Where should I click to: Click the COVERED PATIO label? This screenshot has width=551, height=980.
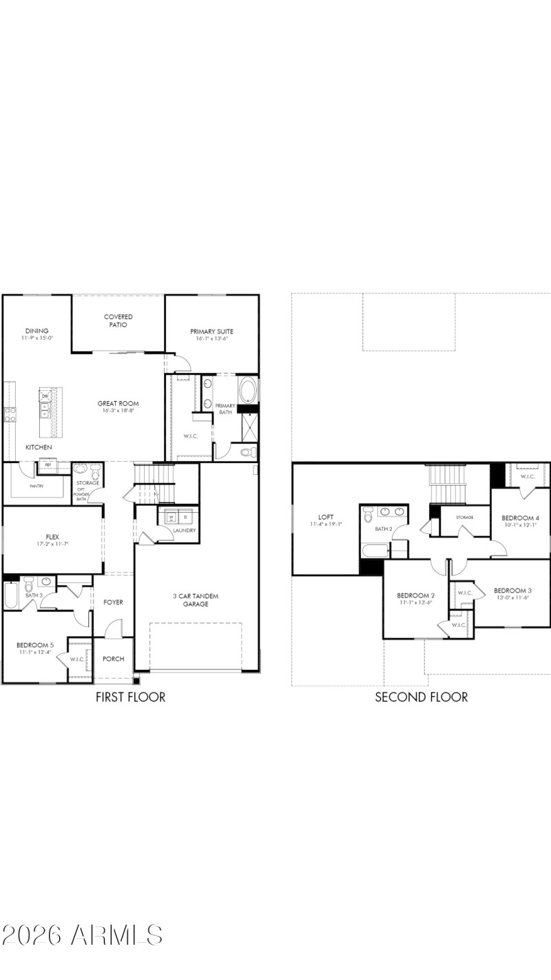pyautogui.click(x=118, y=320)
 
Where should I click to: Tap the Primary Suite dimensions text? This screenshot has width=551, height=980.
pyautogui.click(x=211, y=339)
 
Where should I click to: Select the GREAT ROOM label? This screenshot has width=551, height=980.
pyautogui.click(x=118, y=404)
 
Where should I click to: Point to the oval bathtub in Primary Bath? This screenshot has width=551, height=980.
pyautogui.click(x=248, y=390)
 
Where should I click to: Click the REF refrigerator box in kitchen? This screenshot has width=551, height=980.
pyautogui.click(x=48, y=465)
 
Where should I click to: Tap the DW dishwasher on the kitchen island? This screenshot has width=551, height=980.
pyautogui.click(x=45, y=396)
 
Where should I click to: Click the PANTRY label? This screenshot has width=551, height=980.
pyautogui.click(x=37, y=486)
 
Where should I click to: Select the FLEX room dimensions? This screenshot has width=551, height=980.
pyautogui.click(x=52, y=544)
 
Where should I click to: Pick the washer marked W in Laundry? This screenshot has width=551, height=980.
pyautogui.click(x=171, y=516)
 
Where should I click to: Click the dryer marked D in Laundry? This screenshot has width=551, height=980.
pyautogui.click(x=185, y=516)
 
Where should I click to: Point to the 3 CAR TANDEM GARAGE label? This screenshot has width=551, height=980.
pyautogui.click(x=191, y=600)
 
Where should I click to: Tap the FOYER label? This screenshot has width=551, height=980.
pyautogui.click(x=113, y=602)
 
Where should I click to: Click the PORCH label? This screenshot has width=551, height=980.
pyautogui.click(x=113, y=659)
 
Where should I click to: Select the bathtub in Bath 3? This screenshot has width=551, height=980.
pyautogui.click(x=10, y=595)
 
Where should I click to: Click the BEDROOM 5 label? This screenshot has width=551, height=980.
pyautogui.click(x=33, y=645)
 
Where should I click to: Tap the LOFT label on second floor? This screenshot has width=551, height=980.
pyautogui.click(x=326, y=517)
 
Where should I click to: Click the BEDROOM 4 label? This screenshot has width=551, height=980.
pyautogui.click(x=520, y=518)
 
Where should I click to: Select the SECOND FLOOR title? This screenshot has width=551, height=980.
pyautogui.click(x=421, y=697)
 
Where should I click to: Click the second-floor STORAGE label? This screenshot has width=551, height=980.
pyautogui.click(x=464, y=517)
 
